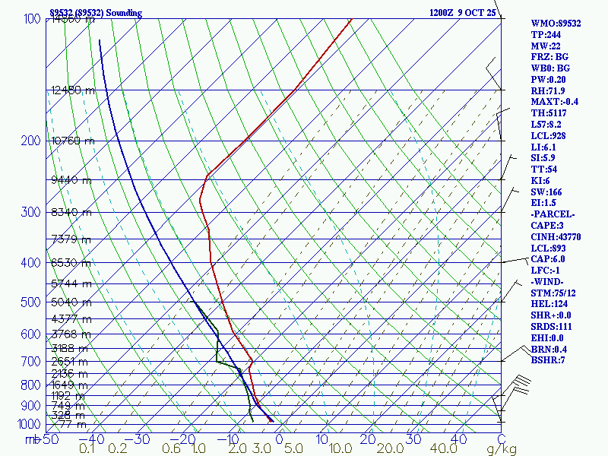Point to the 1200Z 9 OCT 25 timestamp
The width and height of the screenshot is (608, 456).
tap(462, 13)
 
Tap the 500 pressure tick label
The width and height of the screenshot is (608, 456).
tap(30, 302)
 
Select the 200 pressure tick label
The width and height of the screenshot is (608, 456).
tap(30, 141)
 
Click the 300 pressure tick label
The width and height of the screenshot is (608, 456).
tap(30, 212)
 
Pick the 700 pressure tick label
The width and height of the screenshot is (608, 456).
tap(30, 362)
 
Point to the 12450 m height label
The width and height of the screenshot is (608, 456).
tap(73, 90)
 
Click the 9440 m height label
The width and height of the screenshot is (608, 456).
tap(71, 180)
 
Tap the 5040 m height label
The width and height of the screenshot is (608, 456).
tap(71, 302)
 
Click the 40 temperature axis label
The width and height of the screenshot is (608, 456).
tap(458, 439)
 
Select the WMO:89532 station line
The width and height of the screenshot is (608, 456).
tap(556, 24)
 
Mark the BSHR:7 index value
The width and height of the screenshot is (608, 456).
tap(549, 360)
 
